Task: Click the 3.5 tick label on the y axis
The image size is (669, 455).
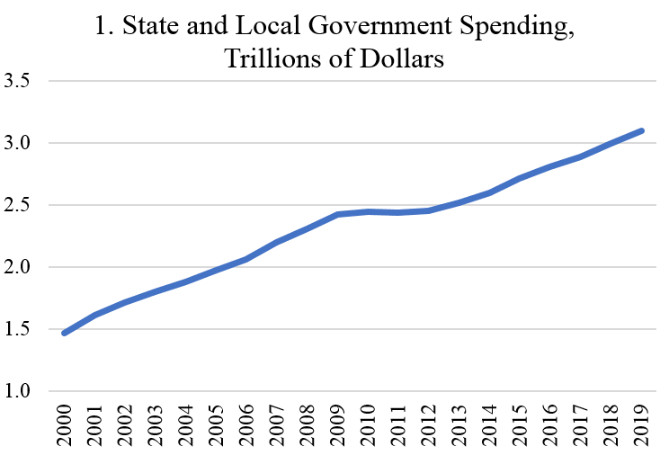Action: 19,81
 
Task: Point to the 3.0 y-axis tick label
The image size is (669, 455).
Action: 19,143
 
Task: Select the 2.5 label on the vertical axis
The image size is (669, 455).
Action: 19,205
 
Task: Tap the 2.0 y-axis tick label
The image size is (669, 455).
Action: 19,267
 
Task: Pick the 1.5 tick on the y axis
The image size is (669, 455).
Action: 19,329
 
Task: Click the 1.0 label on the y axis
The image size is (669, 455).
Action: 19,391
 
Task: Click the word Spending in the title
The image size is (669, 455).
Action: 516,29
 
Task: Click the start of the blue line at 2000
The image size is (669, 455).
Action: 64,334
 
